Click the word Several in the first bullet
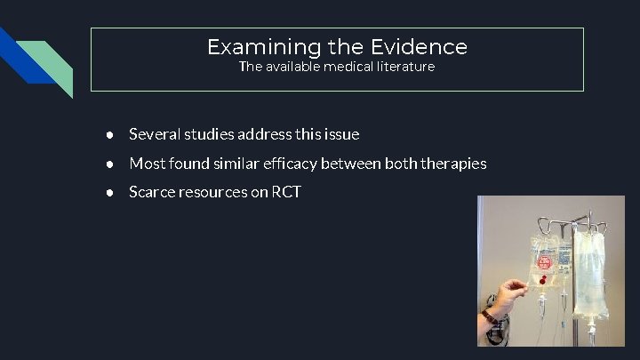[155, 134]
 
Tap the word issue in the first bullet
[341, 134]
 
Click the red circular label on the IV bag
[543, 263]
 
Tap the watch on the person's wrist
[488, 316]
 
